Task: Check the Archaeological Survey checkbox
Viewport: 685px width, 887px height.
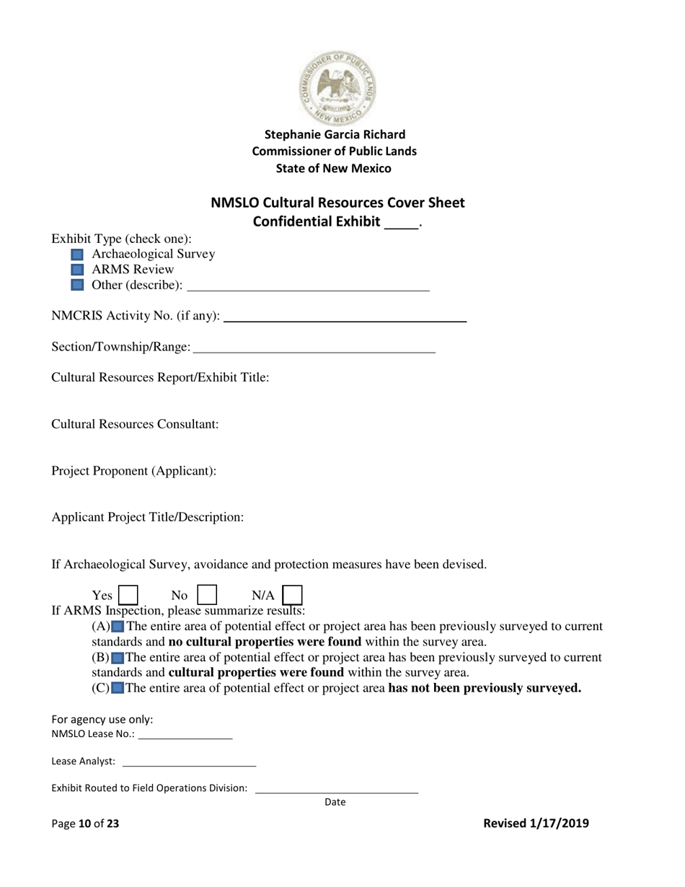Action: click(x=78, y=255)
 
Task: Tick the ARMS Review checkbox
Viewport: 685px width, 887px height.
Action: click(x=78, y=270)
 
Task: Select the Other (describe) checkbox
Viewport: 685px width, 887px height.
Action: click(x=78, y=286)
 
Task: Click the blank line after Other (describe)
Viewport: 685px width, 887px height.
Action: click(x=307, y=286)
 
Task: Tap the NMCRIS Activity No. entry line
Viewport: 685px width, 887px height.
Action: click(x=345, y=316)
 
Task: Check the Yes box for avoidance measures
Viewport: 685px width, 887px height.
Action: click(x=128, y=595)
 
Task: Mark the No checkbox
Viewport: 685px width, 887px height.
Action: click(x=207, y=595)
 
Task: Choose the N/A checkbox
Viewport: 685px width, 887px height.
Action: click(x=292, y=595)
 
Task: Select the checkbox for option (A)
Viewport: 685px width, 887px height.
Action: click(x=118, y=627)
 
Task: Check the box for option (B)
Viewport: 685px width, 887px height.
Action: click(x=118, y=658)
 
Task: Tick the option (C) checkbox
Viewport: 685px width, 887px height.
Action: click(x=118, y=688)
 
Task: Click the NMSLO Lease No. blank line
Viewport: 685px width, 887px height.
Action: click(x=185, y=735)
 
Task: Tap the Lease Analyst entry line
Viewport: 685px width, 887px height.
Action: click(x=190, y=762)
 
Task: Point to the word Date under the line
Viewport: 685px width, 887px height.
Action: click(x=335, y=802)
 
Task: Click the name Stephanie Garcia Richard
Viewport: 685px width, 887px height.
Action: click(x=335, y=135)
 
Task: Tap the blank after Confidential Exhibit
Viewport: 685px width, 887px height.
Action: click(x=402, y=223)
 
